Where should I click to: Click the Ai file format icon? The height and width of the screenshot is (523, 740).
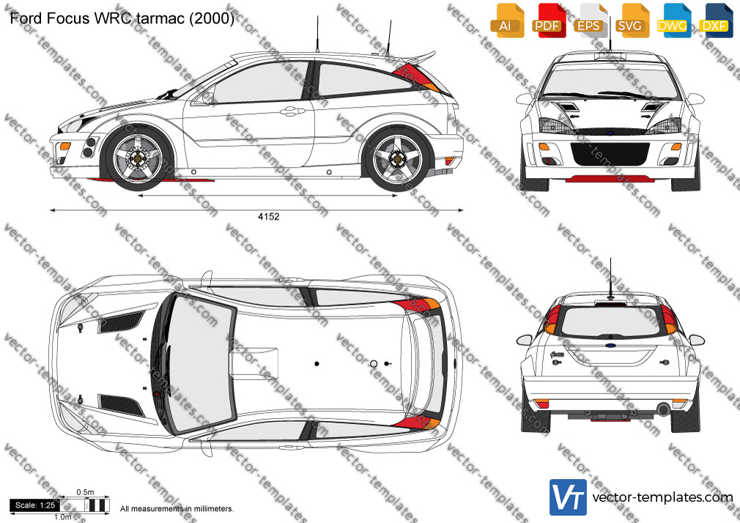pos(507,21)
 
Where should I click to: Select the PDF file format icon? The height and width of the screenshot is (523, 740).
pos(549,21)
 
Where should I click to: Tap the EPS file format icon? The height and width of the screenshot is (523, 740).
pos(590,21)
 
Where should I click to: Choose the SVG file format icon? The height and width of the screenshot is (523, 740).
pos(631,21)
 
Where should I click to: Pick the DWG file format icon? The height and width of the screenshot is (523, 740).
pos(673,21)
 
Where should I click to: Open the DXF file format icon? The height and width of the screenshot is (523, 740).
pos(716,21)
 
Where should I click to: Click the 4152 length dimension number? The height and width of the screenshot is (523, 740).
pos(269,217)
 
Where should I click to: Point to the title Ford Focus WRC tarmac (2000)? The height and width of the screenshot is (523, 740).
pos(122,18)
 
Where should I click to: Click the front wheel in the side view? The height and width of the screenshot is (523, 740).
pos(138,158)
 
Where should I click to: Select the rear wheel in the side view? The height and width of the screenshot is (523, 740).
pos(398,158)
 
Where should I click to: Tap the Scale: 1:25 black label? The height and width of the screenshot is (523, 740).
pos(35,505)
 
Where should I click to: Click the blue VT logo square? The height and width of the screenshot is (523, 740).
pos(569,497)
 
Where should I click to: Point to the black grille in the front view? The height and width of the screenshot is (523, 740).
pos(610,154)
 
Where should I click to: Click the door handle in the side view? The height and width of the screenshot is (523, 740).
pos(292,111)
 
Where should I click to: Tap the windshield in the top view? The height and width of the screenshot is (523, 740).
pos(201,363)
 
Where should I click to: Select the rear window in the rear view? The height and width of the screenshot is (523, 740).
pos(610,322)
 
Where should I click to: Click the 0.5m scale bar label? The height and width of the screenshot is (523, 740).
pos(86,492)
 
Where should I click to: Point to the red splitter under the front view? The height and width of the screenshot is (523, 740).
pos(610,179)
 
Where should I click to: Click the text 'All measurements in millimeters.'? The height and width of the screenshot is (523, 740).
pos(177,509)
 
